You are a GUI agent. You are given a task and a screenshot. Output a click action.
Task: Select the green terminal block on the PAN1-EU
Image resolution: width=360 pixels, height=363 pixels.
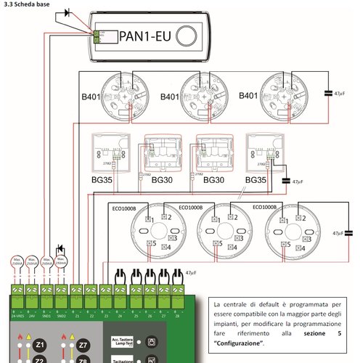coord(97,34)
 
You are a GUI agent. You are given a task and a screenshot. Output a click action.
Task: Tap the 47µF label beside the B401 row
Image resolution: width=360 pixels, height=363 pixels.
coord(337,94)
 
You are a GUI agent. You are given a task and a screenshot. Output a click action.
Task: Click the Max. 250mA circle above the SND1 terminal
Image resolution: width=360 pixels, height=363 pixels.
coord(47,262)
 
